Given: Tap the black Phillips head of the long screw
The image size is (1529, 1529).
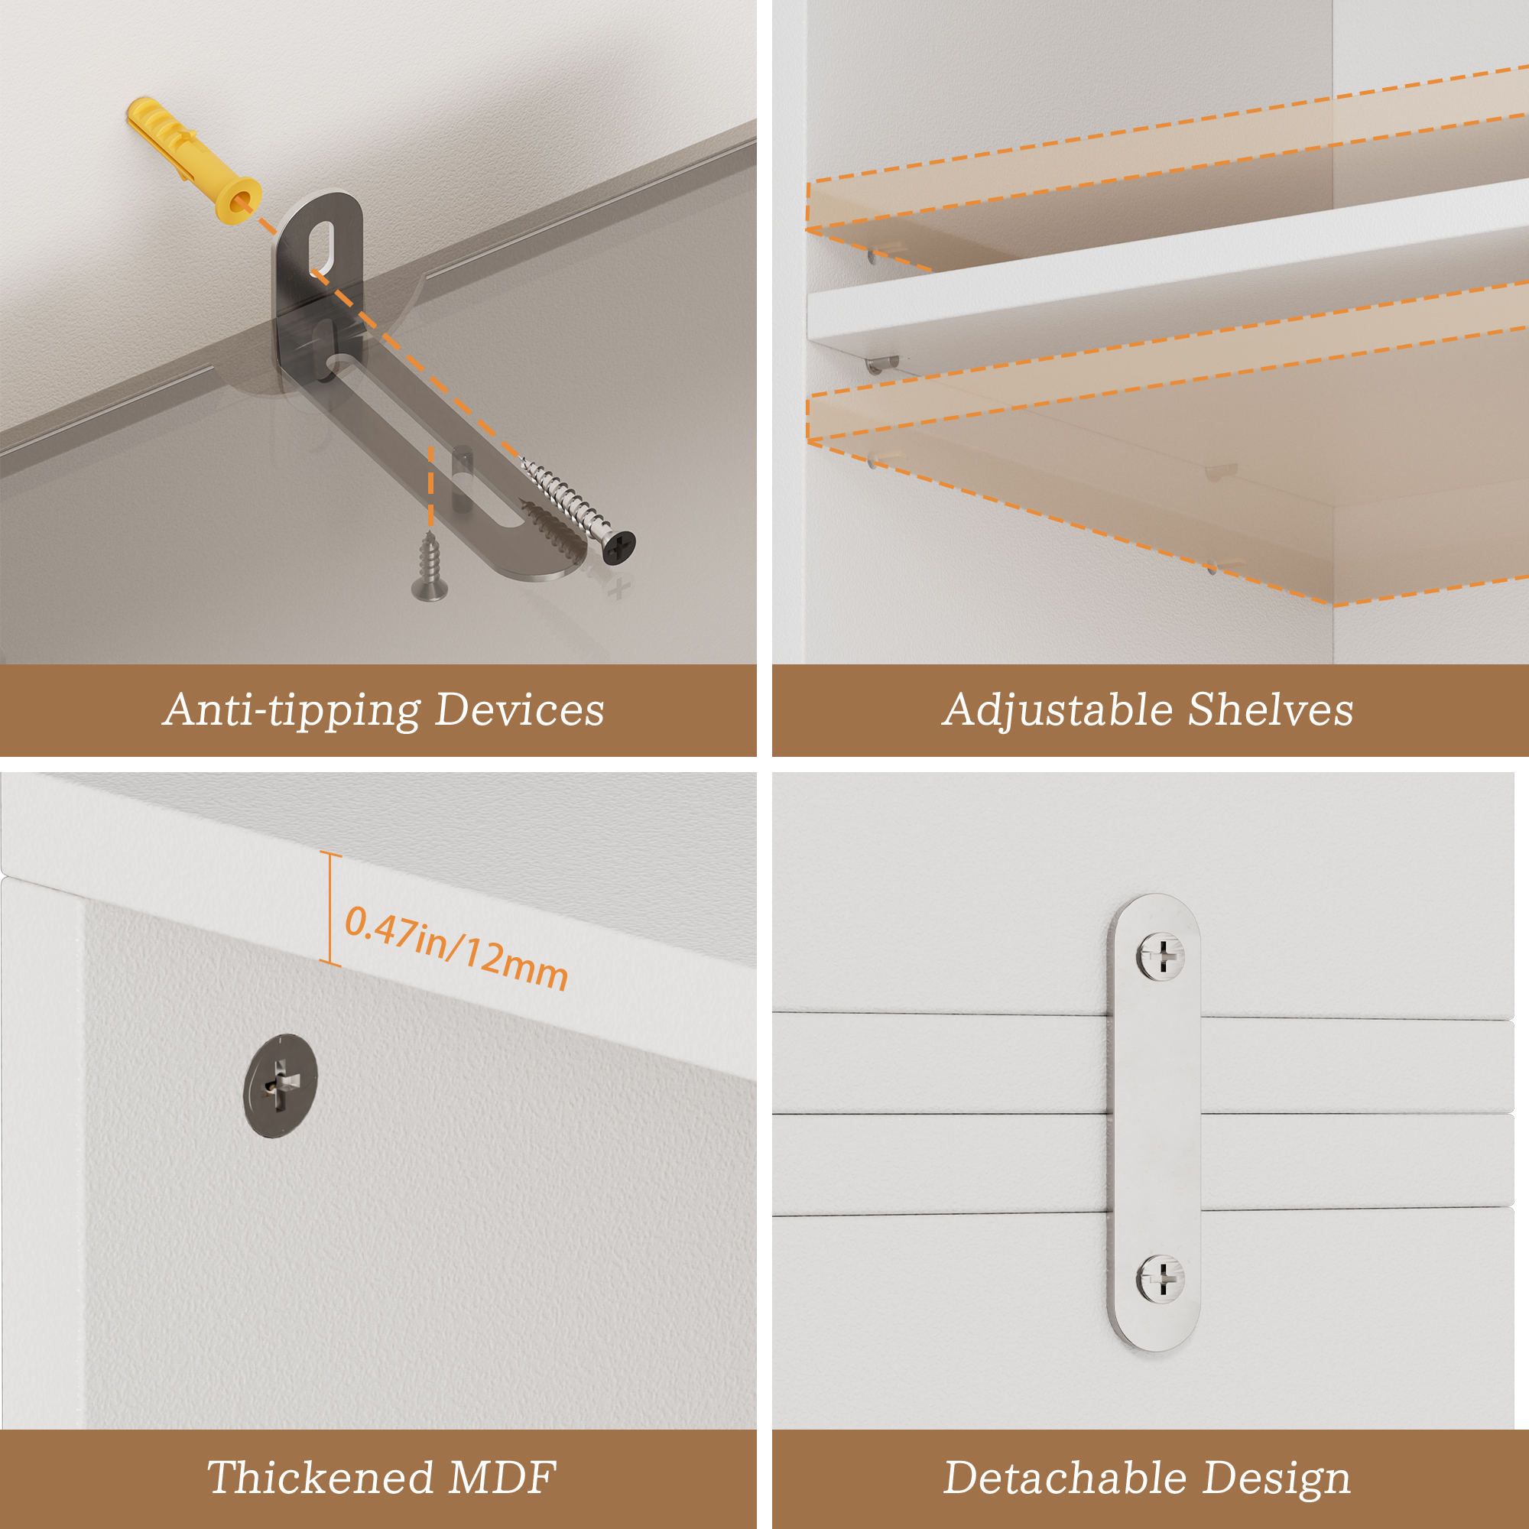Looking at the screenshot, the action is tap(619, 546).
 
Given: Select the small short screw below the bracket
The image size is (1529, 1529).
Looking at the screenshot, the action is tap(429, 566).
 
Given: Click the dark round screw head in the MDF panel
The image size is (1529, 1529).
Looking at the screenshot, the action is tap(280, 1085).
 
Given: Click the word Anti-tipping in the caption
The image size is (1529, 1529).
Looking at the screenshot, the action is tap(293, 710).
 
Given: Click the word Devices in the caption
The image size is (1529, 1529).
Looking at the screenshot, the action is tap(520, 709).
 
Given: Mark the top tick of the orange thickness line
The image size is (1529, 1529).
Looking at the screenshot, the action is tap(331, 854).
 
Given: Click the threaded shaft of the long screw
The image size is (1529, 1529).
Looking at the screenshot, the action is tap(565, 499).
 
